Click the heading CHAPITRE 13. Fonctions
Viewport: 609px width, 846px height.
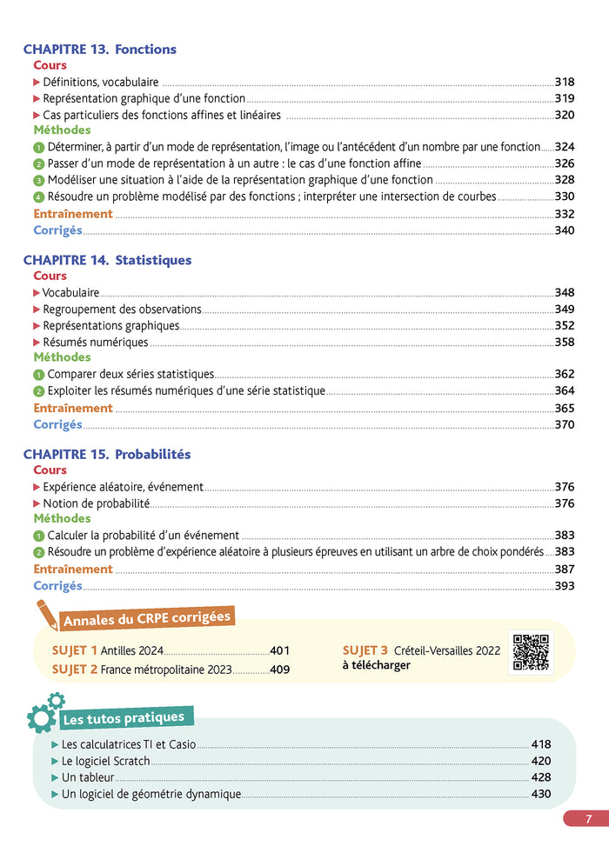pyautogui.click(x=99, y=50)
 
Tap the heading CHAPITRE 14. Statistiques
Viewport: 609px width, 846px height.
pyautogui.click(x=107, y=260)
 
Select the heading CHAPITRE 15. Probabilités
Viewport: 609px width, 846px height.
pyautogui.click(x=106, y=454)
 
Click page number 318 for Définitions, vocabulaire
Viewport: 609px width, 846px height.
pyautogui.click(x=564, y=82)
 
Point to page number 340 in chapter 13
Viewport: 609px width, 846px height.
pyautogui.click(x=564, y=230)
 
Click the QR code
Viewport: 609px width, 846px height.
pyautogui.click(x=530, y=651)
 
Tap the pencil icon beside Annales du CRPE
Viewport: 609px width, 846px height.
pyautogui.click(x=44, y=614)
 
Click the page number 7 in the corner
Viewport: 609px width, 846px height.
pyautogui.click(x=588, y=818)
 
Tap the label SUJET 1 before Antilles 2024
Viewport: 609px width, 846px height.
pyautogui.click(x=75, y=650)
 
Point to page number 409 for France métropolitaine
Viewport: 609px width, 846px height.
pyautogui.click(x=279, y=669)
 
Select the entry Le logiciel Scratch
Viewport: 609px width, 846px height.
pyautogui.click(x=106, y=761)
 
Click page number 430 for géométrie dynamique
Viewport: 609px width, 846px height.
pyautogui.click(x=540, y=794)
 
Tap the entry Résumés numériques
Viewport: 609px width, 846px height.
pyautogui.click(x=96, y=343)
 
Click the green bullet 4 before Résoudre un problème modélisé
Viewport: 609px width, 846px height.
pyautogui.click(x=38, y=197)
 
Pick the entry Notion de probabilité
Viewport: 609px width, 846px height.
pyautogui.click(x=96, y=503)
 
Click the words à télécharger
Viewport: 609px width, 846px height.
pyautogui.click(x=376, y=665)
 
